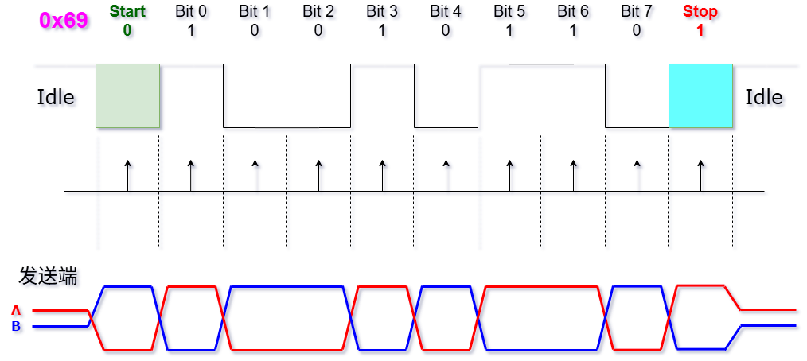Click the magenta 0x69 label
click(x=63, y=20)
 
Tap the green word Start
click(x=127, y=12)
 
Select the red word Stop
click(x=700, y=12)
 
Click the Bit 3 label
click(x=382, y=12)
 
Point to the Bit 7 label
click(x=637, y=12)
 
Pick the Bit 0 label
click(x=191, y=12)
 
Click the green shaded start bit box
click(x=127, y=95)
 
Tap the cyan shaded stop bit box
click(x=700, y=95)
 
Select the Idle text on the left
click(x=56, y=98)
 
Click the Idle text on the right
click(x=764, y=98)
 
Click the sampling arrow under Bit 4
click(x=446, y=175)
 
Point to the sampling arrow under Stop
click(x=701, y=175)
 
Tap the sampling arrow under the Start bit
click(x=127, y=175)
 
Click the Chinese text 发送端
click(x=48, y=277)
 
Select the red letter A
click(x=16, y=311)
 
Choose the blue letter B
click(x=16, y=326)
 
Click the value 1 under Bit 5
click(x=509, y=30)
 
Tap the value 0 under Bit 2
click(x=318, y=30)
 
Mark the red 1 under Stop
click(x=700, y=30)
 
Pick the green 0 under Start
click(x=127, y=30)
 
